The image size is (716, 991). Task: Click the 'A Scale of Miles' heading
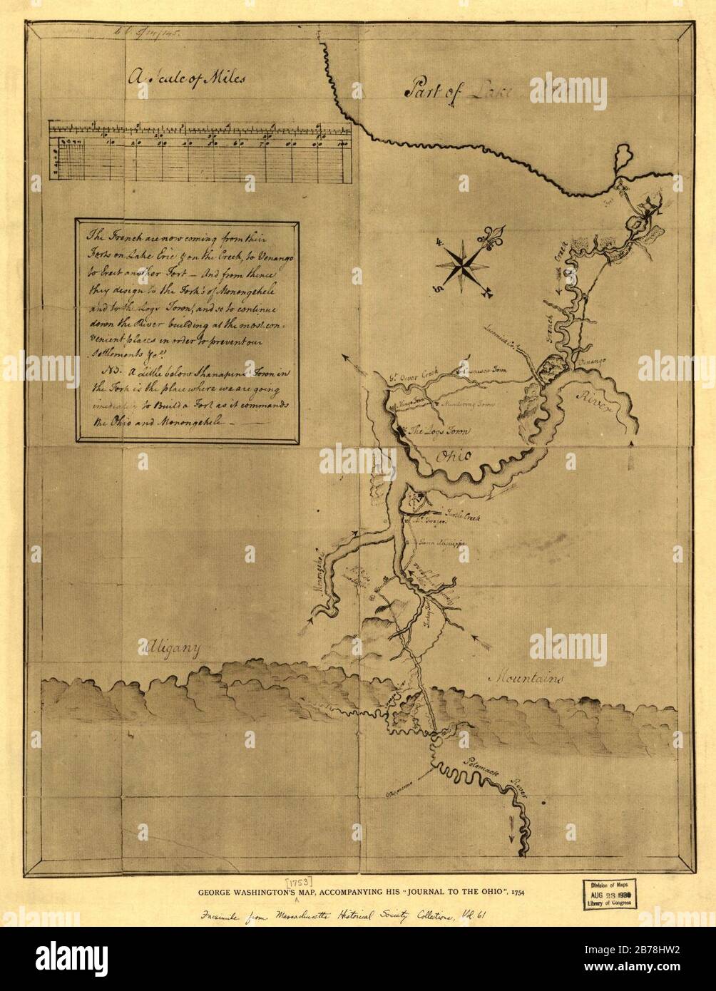(x=187, y=77)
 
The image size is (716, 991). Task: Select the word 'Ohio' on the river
(x=453, y=456)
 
